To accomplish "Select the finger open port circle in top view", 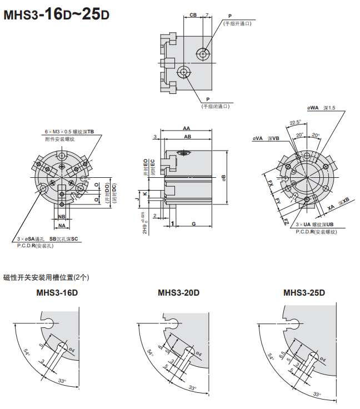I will point(203,54).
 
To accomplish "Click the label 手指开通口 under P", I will point(237,23).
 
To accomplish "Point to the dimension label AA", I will point(187,128).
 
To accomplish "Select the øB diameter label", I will point(223,177).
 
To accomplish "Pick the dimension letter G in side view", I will point(193,223).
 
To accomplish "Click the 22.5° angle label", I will point(295,123).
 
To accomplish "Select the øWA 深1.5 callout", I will point(321,108).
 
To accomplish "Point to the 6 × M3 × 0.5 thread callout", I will point(69,132).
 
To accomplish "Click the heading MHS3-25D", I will point(304,293).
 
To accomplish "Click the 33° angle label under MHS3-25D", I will point(317,393).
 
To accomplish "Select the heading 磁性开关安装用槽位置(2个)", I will point(46,277).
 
